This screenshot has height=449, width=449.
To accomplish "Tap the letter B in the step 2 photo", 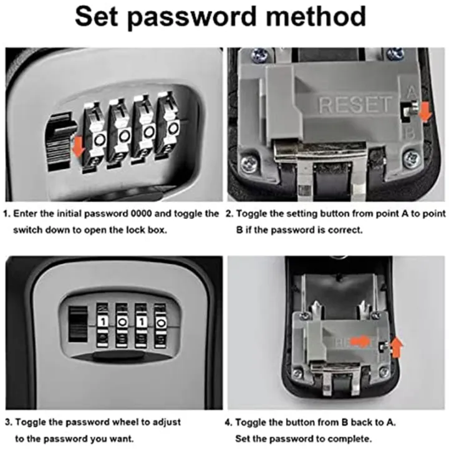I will point(410,133).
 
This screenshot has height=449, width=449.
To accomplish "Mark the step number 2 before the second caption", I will point(229,214).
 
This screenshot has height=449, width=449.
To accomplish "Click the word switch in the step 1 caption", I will point(29,229).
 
